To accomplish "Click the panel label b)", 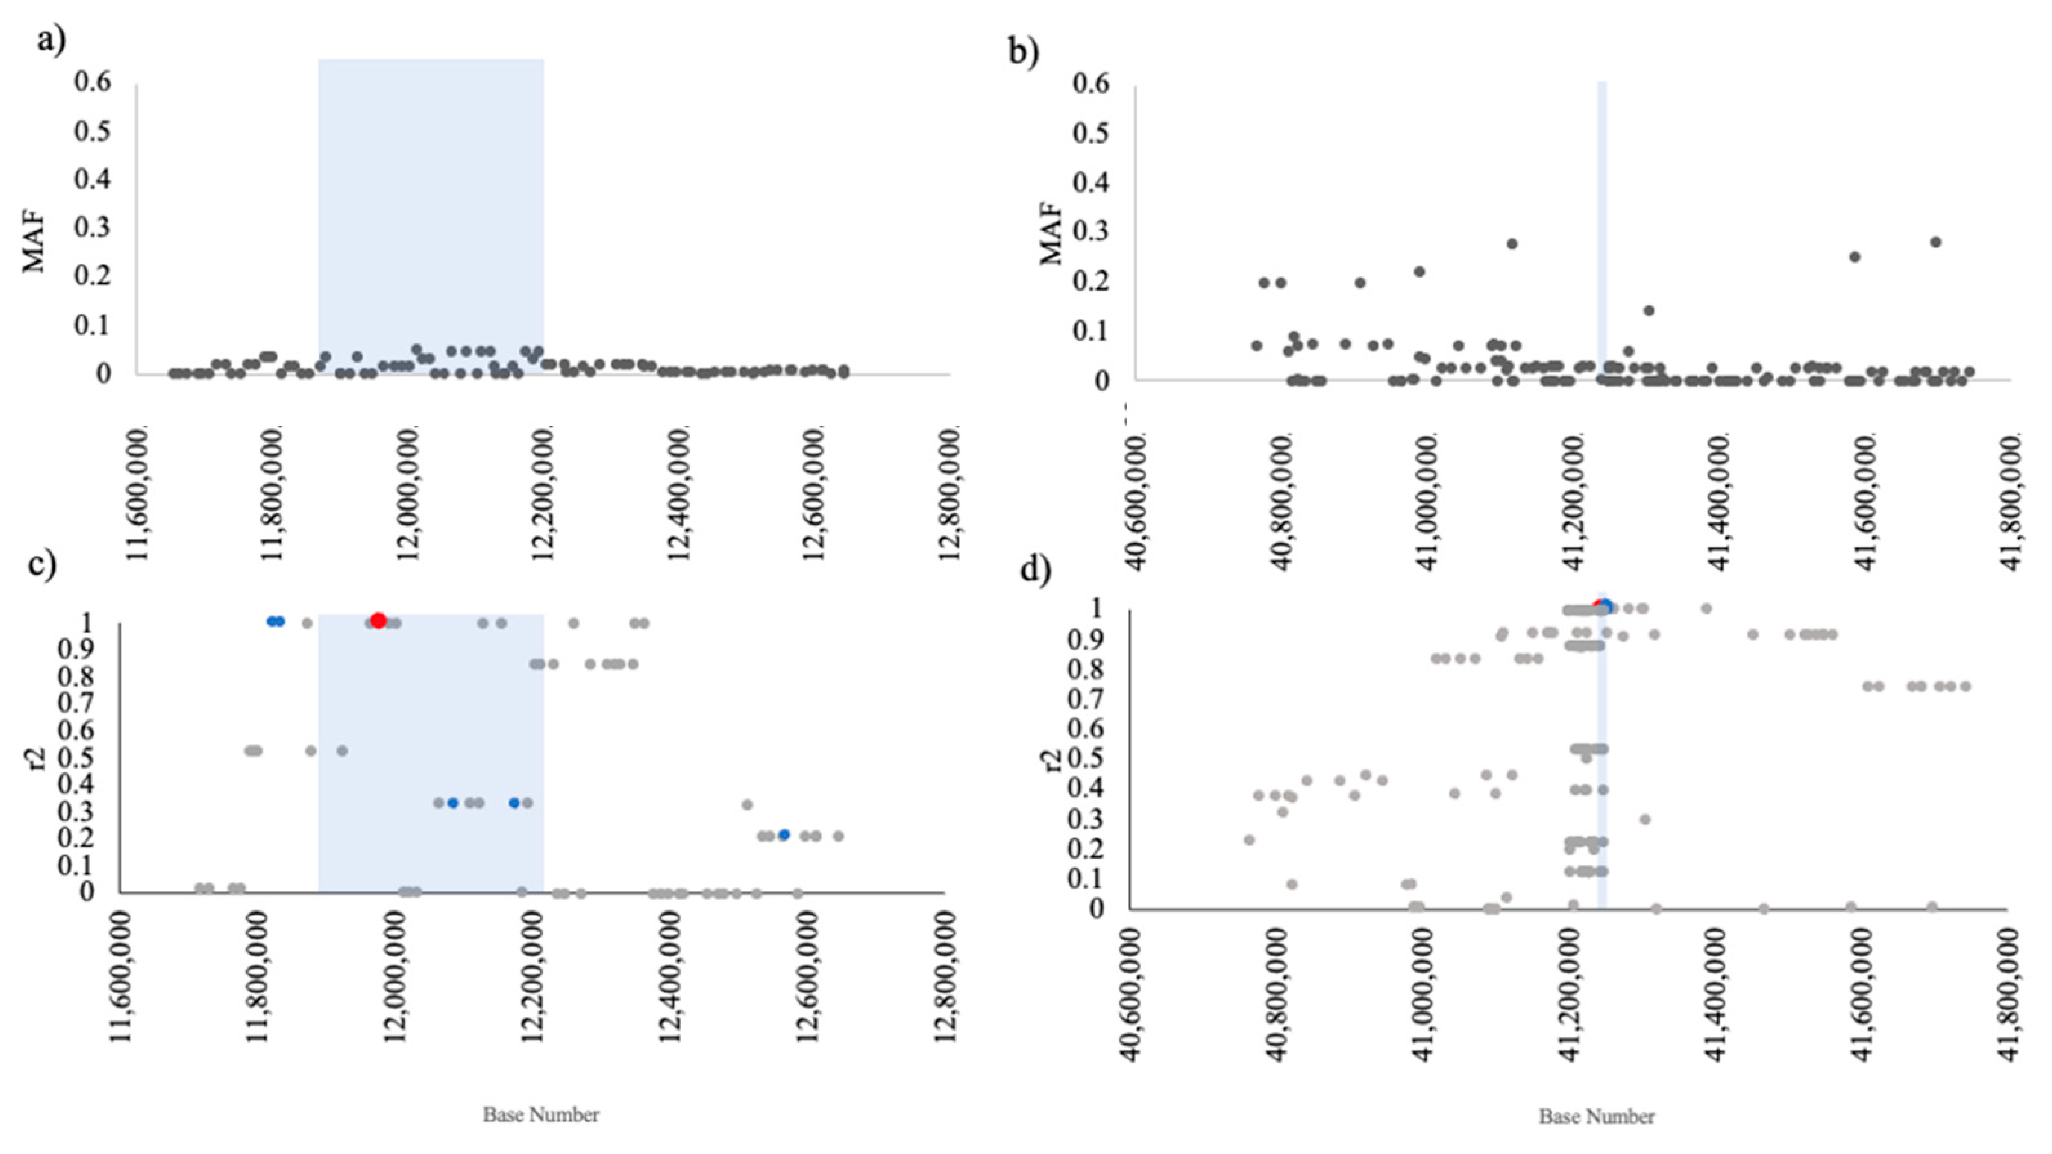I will [x=1024, y=52].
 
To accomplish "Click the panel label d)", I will [x=1035, y=570].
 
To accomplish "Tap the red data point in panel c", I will [x=379, y=620].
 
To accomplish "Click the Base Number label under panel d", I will [x=1596, y=1117].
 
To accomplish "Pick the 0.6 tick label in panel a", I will [x=93, y=82].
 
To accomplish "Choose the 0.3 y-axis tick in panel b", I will [x=1091, y=232].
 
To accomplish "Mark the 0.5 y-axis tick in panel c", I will [x=77, y=757].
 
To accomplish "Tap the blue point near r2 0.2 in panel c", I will [x=784, y=835].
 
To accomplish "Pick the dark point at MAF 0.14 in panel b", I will [x=1649, y=311].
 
